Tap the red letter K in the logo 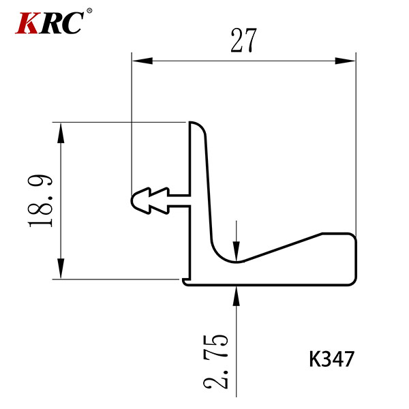coord(27,23)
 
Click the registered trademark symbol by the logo coord(89,11)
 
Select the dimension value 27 coord(243,40)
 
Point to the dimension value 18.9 coord(40,200)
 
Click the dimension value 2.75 coord(215,361)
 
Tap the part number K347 coord(331,359)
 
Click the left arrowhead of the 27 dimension coord(142,61)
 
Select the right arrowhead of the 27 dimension coord(345,61)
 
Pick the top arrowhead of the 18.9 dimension coord(61,132)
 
